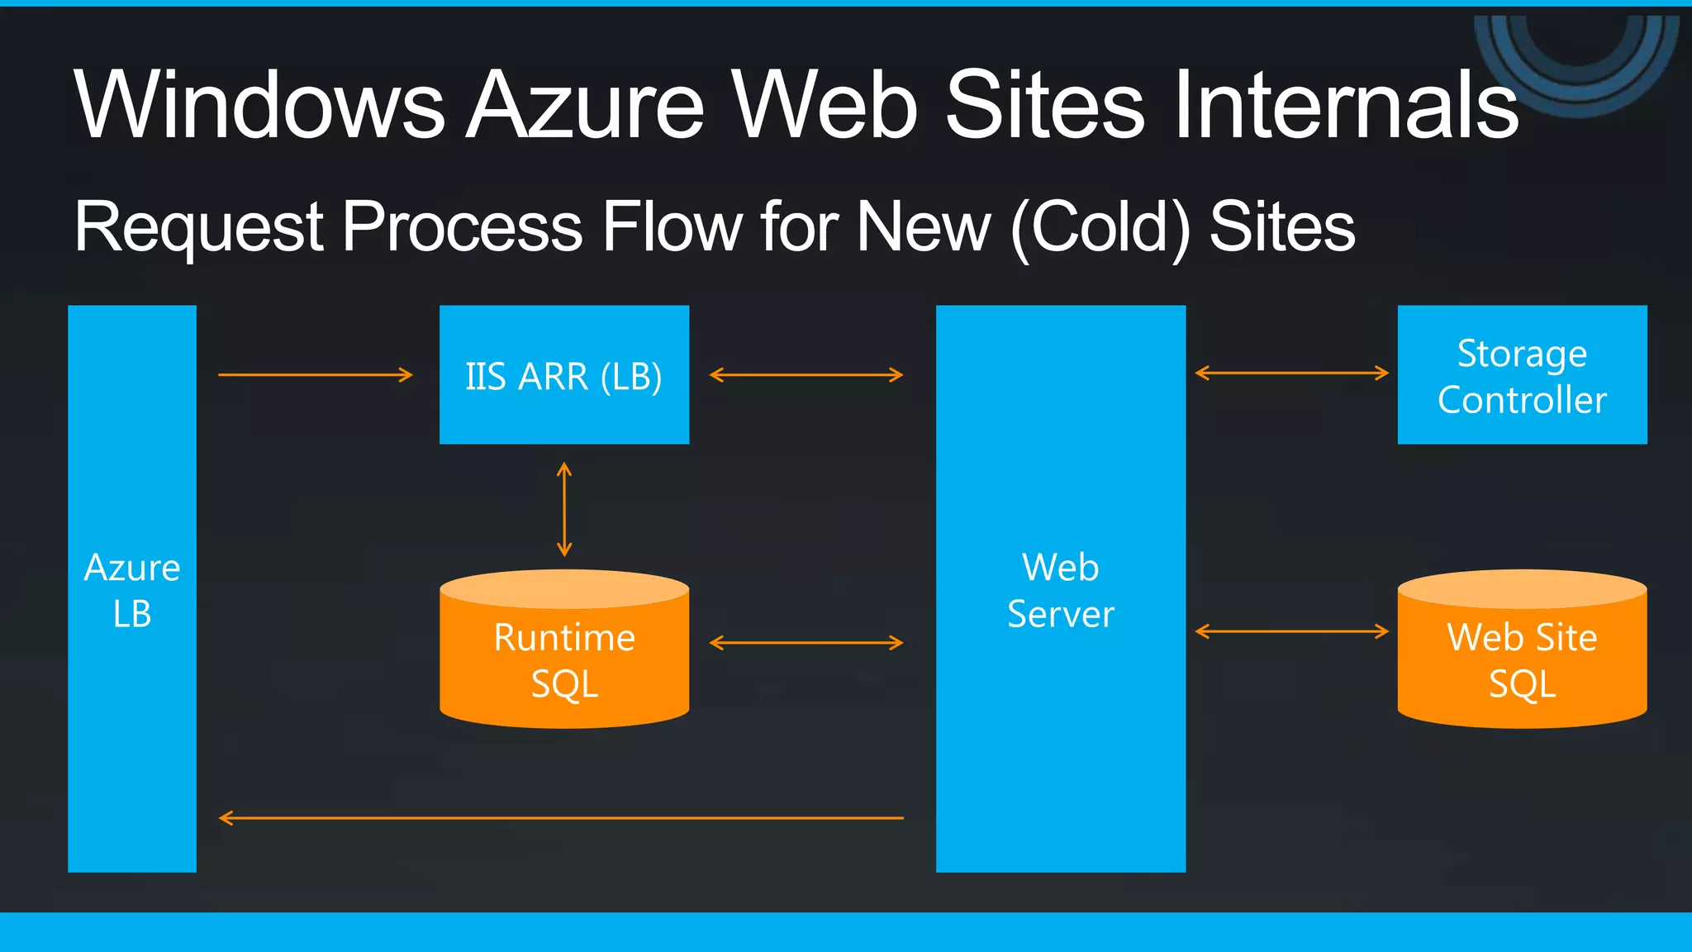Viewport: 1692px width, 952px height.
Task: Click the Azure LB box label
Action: point(132,590)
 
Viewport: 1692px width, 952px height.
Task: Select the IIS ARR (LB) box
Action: point(564,375)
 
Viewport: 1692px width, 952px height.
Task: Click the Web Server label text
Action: point(1061,590)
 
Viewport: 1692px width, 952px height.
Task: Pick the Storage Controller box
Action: point(1522,375)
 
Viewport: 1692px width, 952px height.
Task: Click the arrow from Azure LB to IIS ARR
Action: point(315,375)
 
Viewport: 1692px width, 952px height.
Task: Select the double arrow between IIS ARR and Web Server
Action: point(806,375)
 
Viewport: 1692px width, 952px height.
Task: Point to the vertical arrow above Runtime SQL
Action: point(564,509)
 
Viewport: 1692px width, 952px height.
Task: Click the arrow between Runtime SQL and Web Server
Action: point(806,643)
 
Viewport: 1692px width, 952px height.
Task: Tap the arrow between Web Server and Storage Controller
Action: point(1292,374)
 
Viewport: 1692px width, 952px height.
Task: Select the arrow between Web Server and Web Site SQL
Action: point(1292,632)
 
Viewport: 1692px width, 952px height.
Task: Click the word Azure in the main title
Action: point(586,105)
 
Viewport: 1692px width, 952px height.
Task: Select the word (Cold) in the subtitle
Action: point(1100,227)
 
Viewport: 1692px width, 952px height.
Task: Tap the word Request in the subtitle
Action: point(199,227)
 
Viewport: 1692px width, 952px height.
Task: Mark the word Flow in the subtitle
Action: point(672,227)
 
